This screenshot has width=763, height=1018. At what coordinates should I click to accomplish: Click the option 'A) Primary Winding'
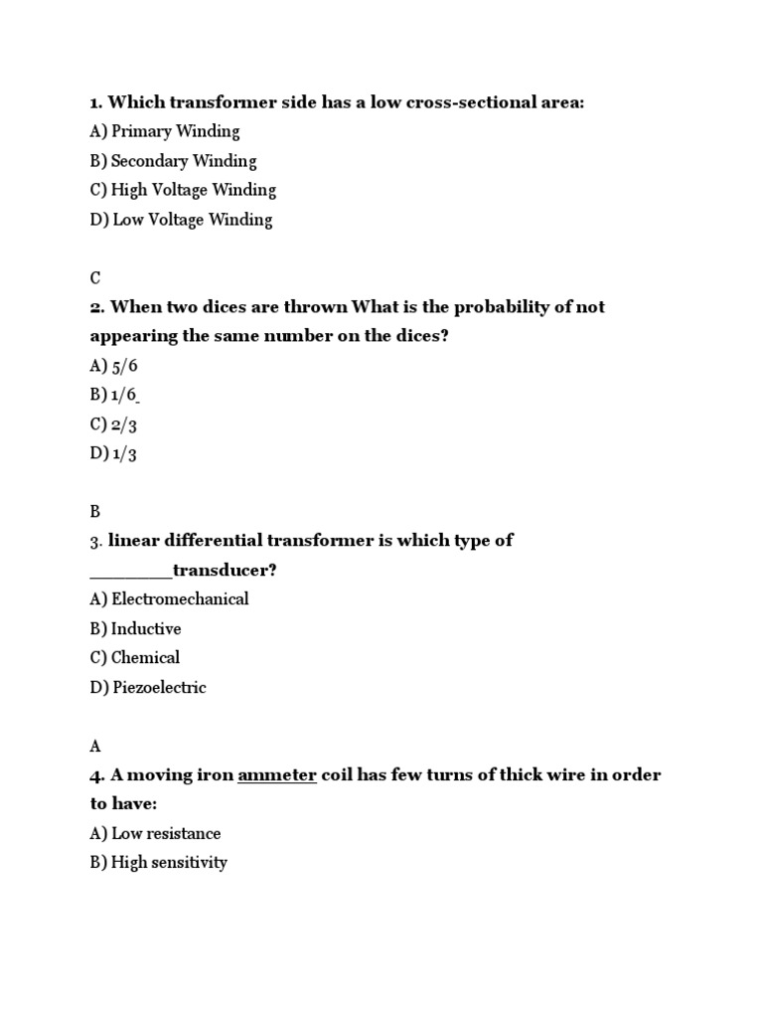point(165,131)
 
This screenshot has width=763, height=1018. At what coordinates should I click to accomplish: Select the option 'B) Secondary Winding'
point(173,161)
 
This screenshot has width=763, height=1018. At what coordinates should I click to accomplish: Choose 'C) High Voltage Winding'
point(183,190)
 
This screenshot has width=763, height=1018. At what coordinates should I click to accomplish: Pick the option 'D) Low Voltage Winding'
point(181,220)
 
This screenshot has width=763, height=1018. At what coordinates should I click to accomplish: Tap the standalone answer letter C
point(95,278)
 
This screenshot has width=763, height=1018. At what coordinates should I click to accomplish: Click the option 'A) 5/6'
point(113,366)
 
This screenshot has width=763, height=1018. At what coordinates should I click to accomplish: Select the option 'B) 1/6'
point(113,395)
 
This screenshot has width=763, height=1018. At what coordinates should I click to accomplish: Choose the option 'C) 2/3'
point(113,424)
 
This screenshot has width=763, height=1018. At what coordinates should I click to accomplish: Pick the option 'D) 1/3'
point(113,453)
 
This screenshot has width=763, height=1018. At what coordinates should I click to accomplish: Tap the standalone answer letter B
point(95,512)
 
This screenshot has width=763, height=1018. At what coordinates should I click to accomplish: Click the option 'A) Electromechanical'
point(169,599)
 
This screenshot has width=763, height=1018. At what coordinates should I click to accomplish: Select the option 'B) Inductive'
point(135,629)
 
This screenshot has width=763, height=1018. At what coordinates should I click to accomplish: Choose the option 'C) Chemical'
point(134,658)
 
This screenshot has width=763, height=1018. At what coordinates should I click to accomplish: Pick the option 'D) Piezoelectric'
point(148,688)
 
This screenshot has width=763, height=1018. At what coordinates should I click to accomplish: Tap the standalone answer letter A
point(95,746)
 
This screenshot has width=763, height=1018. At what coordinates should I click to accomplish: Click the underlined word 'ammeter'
point(277,775)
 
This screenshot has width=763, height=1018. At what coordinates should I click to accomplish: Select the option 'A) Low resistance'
point(155,834)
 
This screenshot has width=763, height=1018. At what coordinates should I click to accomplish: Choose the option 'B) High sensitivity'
point(158,863)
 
